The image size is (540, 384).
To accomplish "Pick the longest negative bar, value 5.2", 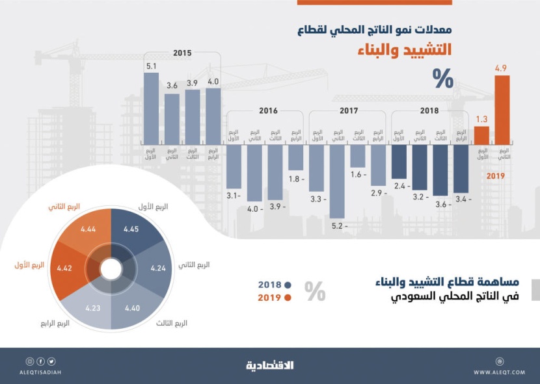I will (x=337, y=181).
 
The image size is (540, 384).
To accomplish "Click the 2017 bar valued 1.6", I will (x=358, y=156).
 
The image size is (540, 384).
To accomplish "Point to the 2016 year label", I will (x=267, y=111).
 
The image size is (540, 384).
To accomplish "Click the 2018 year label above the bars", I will (x=429, y=111).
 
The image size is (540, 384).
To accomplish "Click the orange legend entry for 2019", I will (x=275, y=298).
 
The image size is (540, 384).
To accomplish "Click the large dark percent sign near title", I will (x=443, y=78).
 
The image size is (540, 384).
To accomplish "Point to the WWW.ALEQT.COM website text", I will (x=500, y=372).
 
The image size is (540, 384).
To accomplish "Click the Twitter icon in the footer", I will (x=51, y=361).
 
